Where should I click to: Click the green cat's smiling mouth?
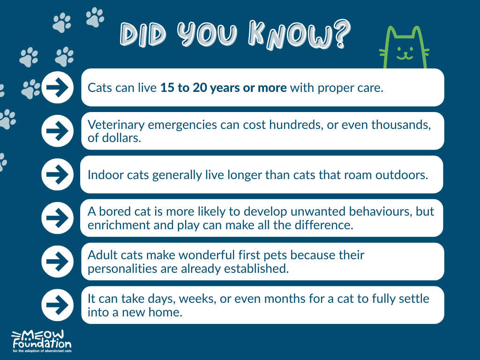[x=405, y=57]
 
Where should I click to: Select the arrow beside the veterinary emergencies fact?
[x=57, y=131]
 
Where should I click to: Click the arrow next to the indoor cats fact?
[x=57, y=174]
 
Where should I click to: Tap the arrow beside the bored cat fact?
[x=57, y=218]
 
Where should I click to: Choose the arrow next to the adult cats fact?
[x=57, y=262]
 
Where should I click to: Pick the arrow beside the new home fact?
[x=57, y=305]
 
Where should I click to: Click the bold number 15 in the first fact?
[x=167, y=88]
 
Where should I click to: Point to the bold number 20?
[x=200, y=88]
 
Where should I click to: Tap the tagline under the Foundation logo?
[x=42, y=351]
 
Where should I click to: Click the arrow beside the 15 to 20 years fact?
[x=57, y=88]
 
